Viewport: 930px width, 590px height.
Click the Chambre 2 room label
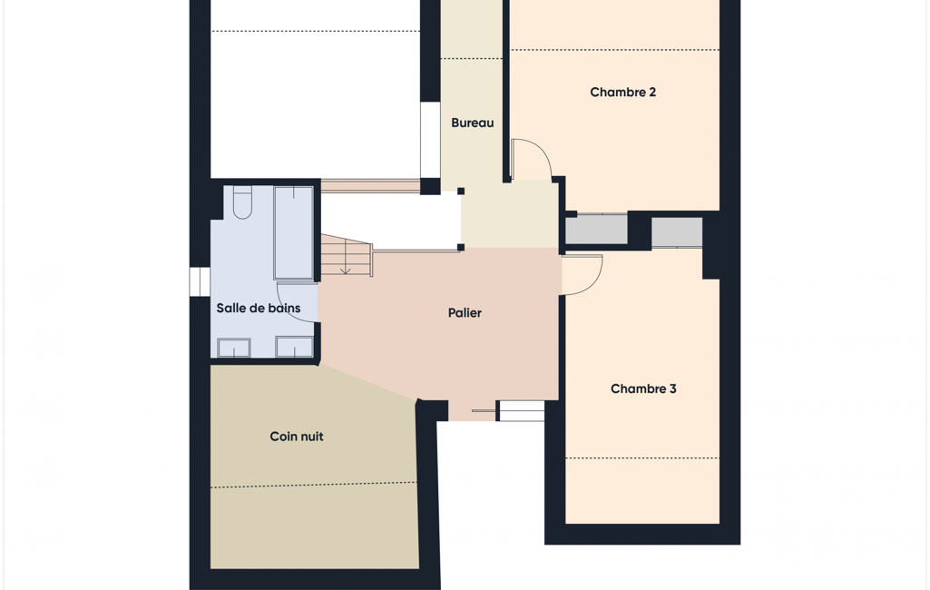click(622, 92)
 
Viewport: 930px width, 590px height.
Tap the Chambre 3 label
click(643, 388)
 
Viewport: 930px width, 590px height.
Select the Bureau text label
click(472, 123)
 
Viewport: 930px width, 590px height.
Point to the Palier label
click(465, 313)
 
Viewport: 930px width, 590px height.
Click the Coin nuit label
click(297, 437)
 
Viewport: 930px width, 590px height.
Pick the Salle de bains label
click(258, 308)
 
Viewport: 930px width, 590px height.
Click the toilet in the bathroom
click(242, 202)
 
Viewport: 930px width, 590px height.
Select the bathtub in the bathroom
click(294, 232)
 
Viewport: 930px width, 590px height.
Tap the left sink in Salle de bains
click(234, 348)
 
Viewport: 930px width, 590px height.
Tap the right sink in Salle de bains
click(294, 348)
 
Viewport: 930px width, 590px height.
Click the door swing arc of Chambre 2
click(542, 151)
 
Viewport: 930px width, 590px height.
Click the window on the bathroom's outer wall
click(200, 282)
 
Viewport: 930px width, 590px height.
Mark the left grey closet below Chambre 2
click(596, 229)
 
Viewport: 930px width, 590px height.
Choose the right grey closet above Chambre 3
click(677, 232)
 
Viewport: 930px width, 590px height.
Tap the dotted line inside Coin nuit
click(314, 485)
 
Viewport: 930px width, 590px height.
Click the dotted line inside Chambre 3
click(642, 458)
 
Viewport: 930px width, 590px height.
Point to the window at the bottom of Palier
click(521, 411)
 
